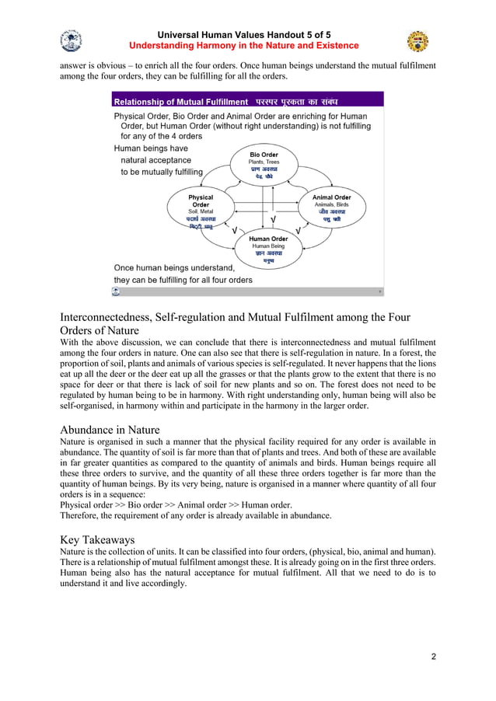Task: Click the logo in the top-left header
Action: [71, 41]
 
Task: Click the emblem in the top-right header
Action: [417, 41]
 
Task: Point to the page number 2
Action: [433, 657]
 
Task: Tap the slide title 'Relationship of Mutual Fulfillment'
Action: [181, 102]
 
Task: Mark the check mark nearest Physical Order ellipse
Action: [225, 231]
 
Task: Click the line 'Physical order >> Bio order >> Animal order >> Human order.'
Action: [176, 504]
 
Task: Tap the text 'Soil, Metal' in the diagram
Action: [201, 211]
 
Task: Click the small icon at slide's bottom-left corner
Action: [116, 292]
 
